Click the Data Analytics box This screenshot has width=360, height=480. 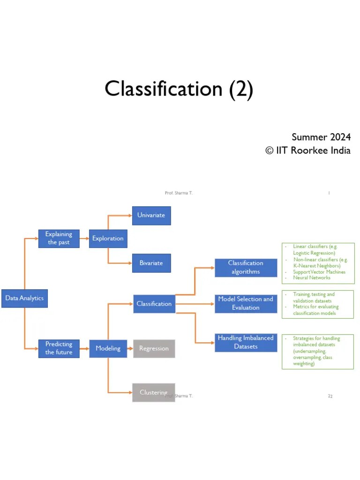[x=24, y=298]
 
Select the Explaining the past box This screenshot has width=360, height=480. [x=59, y=239]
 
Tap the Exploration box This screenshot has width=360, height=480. [x=108, y=239]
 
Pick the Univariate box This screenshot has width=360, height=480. [x=151, y=216]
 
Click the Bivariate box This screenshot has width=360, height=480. [x=151, y=263]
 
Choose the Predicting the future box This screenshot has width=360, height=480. [x=59, y=348]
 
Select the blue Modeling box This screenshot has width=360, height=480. [x=108, y=348]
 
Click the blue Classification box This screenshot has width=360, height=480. [x=154, y=304]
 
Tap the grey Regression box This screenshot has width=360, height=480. [x=154, y=349]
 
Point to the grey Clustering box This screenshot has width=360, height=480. [x=154, y=392]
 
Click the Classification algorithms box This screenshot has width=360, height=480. [x=246, y=267]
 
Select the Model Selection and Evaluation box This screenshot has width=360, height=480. [x=246, y=303]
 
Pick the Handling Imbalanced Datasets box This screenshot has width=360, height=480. [x=246, y=342]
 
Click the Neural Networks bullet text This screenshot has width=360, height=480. [x=312, y=278]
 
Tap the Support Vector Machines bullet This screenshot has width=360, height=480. [x=319, y=272]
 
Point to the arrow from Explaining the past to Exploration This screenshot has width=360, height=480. [x=84, y=239]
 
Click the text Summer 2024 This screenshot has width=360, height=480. [x=321, y=137]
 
